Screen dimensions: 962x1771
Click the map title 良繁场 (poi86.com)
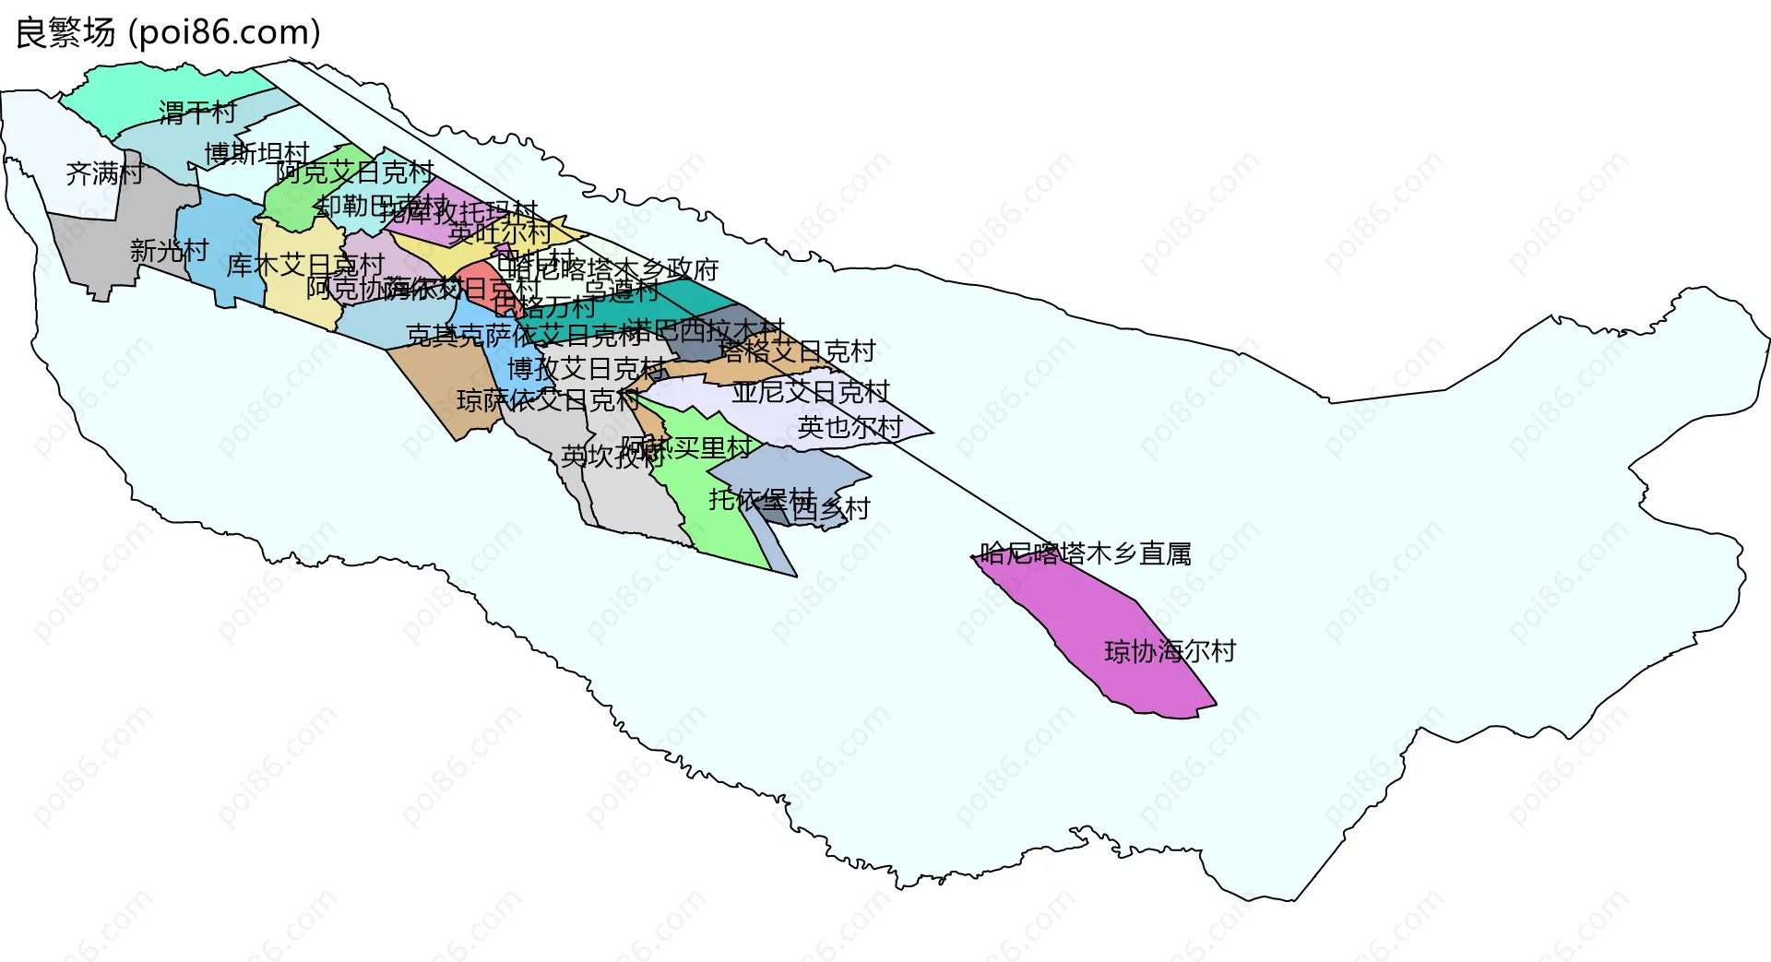(168, 33)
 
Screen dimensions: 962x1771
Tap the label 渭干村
(197, 113)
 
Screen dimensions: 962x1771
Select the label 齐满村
(104, 173)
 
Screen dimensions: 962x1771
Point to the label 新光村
(169, 250)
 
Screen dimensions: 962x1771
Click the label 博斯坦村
(256, 153)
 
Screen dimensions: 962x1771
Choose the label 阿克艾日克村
(355, 172)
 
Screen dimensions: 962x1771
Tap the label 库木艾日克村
(305, 266)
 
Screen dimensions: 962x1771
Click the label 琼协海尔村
(1170, 651)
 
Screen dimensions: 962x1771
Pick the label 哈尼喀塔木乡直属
(1085, 553)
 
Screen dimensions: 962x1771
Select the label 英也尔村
(850, 427)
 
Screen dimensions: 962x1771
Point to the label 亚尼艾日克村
(810, 392)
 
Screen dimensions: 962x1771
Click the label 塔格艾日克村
(797, 351)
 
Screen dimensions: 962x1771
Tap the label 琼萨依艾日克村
(548, 400)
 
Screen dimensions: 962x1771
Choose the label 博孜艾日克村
(587, 369)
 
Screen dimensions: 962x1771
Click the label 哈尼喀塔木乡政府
(612, 269)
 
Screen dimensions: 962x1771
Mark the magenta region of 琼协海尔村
(1107, 618)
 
